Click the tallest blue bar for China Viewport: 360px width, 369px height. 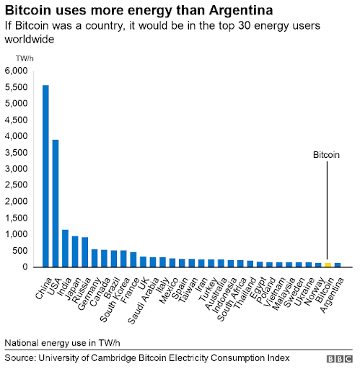click(46, 176)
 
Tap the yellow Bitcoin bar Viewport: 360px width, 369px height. click(328, 264)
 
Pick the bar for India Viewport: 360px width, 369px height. click(66, 249)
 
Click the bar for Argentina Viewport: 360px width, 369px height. click(337, 264)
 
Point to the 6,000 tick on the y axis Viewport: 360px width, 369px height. click(16, 71)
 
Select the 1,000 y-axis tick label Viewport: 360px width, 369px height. click(16, 234)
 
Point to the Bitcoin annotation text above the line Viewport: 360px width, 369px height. click(326, 154)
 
